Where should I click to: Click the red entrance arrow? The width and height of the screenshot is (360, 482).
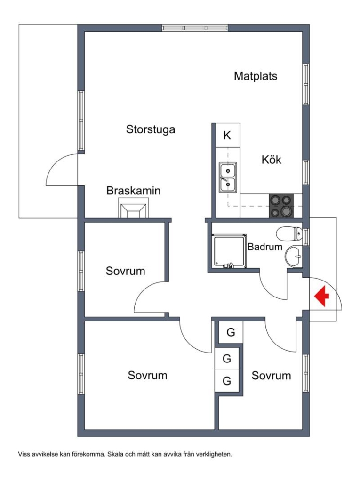pyautogui.click(x=321, y=297)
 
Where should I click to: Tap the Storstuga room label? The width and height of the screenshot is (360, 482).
pyautogui.click(x=151, y=129)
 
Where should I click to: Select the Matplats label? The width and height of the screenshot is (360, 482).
pyautogui.click(x=256, y=76)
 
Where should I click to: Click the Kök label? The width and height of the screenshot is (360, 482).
pyautogui.click(x=272, y=160)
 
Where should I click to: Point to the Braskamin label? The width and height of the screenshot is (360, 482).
pyautogui.click(x=134, y=191)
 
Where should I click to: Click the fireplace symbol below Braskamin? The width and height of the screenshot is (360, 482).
pyautogui.click(x=134, y=208)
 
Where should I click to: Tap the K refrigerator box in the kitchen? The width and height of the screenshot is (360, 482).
pyautogui.click(x=228, y=135)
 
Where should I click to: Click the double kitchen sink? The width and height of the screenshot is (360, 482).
pyautogui.click(x=228, y=177)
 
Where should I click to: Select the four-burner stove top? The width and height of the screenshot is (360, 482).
pyautogui.click(x=281, y=206)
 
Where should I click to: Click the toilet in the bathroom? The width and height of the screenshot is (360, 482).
pyautogui.click(x=289, y=233)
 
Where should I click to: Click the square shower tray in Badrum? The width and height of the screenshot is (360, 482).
pyautogui.click(x=229, y=251)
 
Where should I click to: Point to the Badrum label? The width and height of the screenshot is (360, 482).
pyautogui.click(x=264, y=247)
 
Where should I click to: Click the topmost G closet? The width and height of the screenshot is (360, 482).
pyautogui.click(x=231, y=332)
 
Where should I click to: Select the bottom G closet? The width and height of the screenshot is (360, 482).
pyautogui.click(x=227, y=381)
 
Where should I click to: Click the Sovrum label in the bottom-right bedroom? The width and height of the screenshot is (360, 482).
pyautogui.click(x=271, y=375)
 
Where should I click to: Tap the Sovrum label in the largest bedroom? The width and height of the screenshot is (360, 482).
pyautogui.click(x=148, y=375)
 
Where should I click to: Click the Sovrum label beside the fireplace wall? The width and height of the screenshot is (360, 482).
pyautogui.click(x=126, y=271)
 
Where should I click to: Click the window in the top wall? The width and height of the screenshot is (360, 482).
pyautogui.click(x=195, y=28)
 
